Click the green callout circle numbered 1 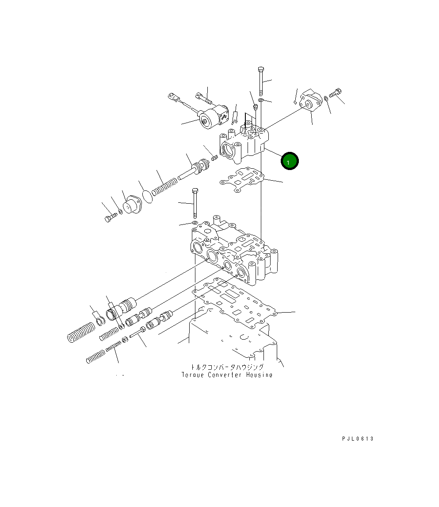pos(290,161)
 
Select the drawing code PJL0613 pos(358,439)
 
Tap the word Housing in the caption pos(259,375)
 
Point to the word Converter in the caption pos(225,375)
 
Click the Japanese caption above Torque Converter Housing pos(227,367)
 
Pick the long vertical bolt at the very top pos(261,81)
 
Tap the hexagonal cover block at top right pos(310,101)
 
